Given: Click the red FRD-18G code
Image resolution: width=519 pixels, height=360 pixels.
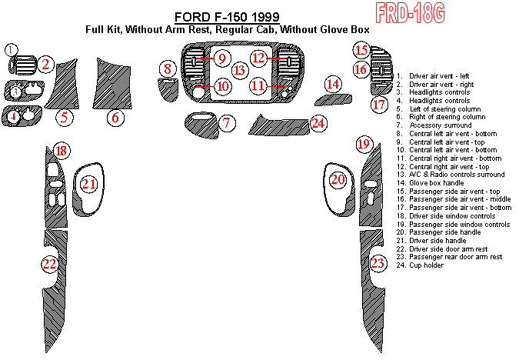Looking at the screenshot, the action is click(411, 13).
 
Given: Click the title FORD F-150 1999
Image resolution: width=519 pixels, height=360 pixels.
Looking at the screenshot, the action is click(227, 17).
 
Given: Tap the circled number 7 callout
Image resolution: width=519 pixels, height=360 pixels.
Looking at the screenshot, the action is click(227, 123).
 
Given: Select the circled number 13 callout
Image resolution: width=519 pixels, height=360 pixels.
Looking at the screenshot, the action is click(240, 70).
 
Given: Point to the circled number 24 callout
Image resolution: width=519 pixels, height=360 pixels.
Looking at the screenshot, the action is click(318, 123).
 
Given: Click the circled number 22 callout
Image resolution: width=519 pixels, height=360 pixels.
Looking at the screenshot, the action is click(50, 264).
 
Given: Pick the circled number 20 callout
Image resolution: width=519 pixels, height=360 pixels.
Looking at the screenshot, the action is click(338, 179).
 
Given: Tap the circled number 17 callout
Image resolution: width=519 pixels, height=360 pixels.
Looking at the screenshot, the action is click(379, 105).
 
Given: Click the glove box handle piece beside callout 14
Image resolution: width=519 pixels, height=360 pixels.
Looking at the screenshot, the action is click(333, 100).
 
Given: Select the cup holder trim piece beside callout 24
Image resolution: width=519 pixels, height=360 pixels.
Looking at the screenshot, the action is click(280, 126).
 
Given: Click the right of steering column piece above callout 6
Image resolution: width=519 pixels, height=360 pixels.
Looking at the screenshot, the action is click(112, 85).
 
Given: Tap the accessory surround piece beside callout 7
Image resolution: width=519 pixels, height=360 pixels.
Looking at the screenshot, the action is click(201, 125).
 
